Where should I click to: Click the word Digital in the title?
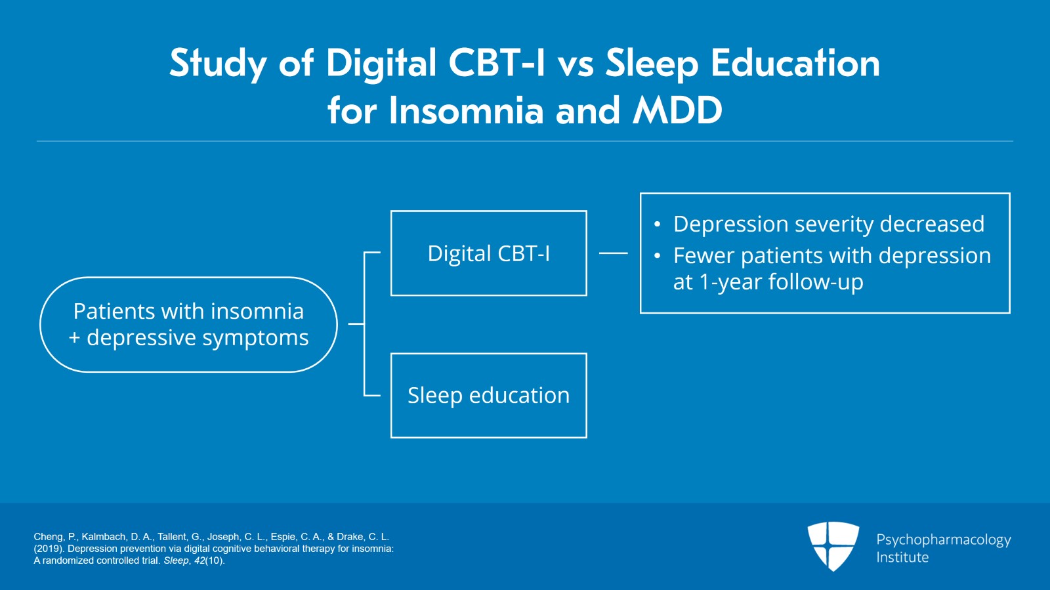point(381,64)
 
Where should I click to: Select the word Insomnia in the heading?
point(466,110)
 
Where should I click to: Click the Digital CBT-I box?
point(488,253)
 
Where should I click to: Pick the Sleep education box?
point(488,395)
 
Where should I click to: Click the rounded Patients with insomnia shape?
point(188,324)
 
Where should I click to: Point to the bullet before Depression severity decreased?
point(657,224)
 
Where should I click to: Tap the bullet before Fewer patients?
point(657,256)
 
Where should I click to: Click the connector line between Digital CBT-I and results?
point(613,253)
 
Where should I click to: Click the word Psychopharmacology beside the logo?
point(943,539)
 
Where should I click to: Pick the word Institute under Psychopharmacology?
point(902,557)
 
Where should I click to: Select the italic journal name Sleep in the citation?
point(176,560)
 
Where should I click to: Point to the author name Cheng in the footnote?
point(49,537)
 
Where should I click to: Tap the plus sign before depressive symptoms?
point(75,337)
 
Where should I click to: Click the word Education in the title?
point(795,64)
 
